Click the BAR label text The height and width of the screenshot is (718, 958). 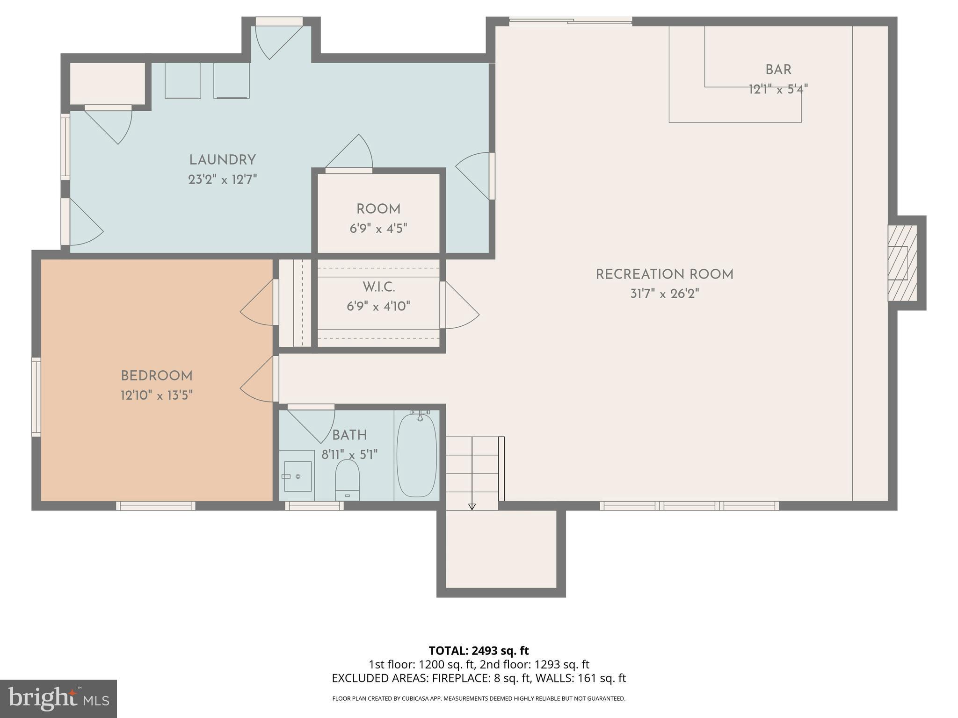pyautogui.click(x=778, y=70)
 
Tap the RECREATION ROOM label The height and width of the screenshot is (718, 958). pyautogui.click(x=664, y=274)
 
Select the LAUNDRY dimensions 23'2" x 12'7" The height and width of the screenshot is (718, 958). pyautogui.click(x=223, y=179)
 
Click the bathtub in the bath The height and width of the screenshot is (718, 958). pyautogui.click(x=417, y=454)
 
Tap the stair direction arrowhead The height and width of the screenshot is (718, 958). pyautogui.click(x=472, y=507)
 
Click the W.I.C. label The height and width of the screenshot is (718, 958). pyautogui.click(x=378, y=287)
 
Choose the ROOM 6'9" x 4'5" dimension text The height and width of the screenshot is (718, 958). pyautogui.click(x=378, y=229)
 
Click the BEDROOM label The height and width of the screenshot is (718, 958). pyautogui.click(x=157, y=376)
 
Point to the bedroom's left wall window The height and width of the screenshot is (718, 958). pyautogui.click(x=36, y=397)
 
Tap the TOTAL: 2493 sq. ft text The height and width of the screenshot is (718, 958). pyautogui.click(x=479, y=651)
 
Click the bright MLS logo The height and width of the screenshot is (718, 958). pyautogui.click(x=58, y=698)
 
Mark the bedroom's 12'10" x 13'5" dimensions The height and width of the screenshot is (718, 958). pyautogui.click(x=157, y=395)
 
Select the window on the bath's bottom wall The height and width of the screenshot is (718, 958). pyautogui.click(x=314, y=506)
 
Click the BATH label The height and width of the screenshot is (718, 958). pyautogui.click(x=349, y=435)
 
